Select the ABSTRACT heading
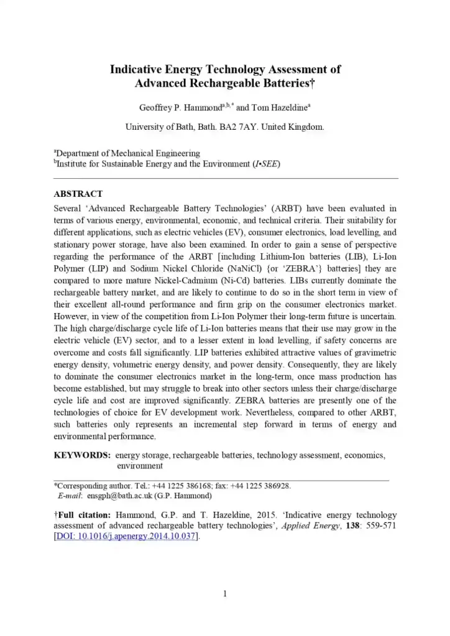78,194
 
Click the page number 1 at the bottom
225,594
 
